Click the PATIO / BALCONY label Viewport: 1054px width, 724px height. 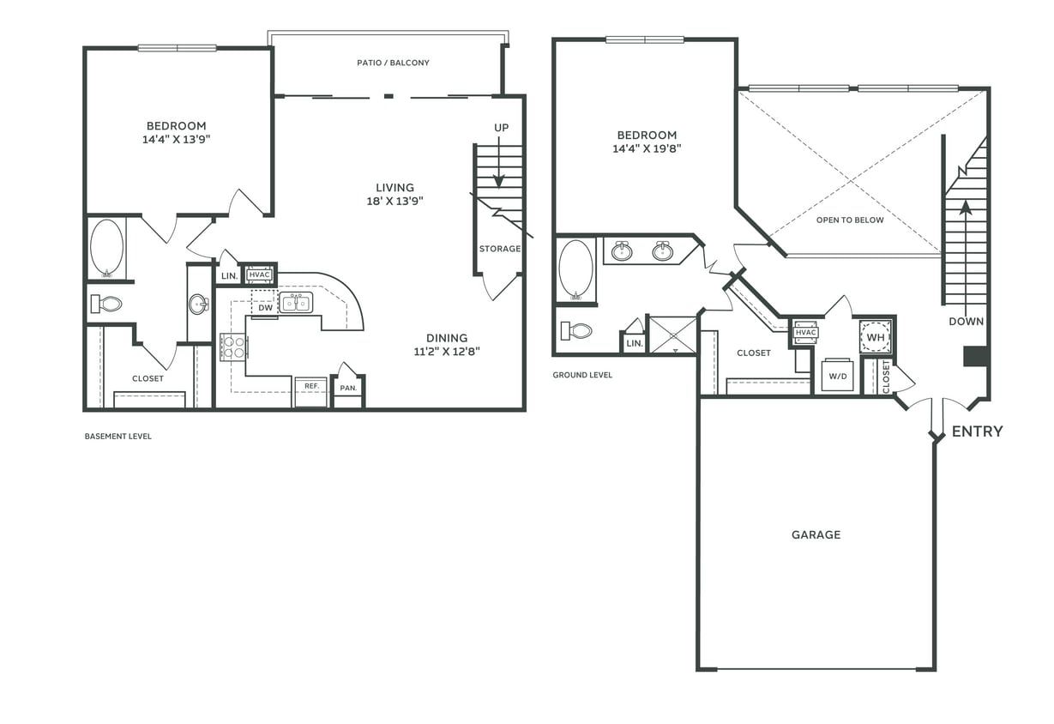click(x=393, y=63)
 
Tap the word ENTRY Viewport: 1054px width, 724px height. click(x=977, y=431)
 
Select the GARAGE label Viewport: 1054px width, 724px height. click(x=816, y=534)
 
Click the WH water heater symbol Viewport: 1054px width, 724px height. click(x=875, y=337)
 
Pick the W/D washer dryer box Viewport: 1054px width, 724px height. click(x=837, y=375)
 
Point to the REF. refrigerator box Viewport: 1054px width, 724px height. click(x=311, y=390)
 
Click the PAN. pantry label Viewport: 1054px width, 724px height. click(x=348, y=388)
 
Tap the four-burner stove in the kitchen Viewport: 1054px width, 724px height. click(x=234, y=347)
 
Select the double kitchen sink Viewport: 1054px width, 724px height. click(x=297, y=302)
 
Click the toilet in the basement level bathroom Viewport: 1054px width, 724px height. click(x=107, y=303)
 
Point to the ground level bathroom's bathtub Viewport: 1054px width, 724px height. click(x=575, y=268)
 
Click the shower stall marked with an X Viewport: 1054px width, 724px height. click(x=673, y=335)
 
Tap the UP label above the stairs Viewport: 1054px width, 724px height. click(x=501, y=128)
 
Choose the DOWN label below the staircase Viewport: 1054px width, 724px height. click(x=966, y=322)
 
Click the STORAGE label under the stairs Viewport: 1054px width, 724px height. click(x=499, y=249)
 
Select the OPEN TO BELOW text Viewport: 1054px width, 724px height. click(x=849, y=220)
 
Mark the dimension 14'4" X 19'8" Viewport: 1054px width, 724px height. click(x=647, y=148)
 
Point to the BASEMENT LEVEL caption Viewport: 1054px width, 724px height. click(x=117, y=437)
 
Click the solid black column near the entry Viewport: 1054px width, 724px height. click(x=975, y=356)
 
